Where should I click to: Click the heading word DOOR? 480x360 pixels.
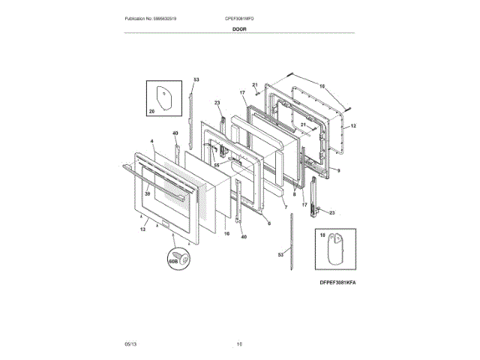[240, 29]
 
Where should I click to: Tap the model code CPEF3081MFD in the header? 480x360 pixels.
[239, 18]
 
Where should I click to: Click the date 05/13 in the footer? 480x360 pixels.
[130, 343]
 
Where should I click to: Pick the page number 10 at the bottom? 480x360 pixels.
[240, 343]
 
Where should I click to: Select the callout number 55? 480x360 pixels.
[216, 164]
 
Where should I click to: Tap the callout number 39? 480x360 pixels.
[148, 193]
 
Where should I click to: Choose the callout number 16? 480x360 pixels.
[224, 233]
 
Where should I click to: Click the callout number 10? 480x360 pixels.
[322, 87]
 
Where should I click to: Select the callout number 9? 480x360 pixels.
[338, 171]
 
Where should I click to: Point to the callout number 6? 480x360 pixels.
[268, 223]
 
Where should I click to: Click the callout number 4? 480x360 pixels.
[151, 140]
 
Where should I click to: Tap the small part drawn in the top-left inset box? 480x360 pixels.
[164, 96]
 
